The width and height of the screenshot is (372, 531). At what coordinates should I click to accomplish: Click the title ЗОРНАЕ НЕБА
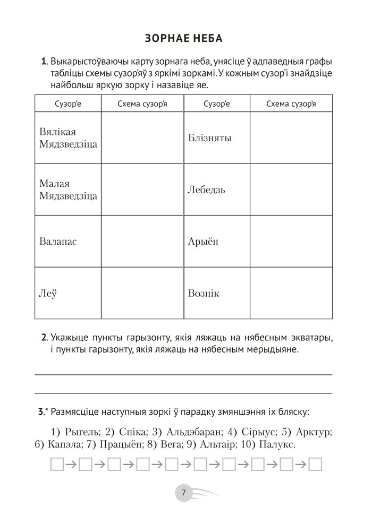[x=183, y=39]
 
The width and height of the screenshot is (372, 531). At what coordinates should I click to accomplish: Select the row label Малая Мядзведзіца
[x=68, y=190]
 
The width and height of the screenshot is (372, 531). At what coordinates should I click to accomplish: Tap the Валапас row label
[x=58, y=241]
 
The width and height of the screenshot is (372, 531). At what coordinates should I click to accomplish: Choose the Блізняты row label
[x=209, y=138]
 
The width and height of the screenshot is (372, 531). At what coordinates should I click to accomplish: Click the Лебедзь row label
[x=207, y=190]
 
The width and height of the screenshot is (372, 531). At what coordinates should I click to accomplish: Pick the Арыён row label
[x=203, y=241]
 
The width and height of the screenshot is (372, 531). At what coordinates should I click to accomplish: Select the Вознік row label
[x=204, y=293]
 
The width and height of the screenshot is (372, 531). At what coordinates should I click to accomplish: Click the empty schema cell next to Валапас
[x=142, y=241]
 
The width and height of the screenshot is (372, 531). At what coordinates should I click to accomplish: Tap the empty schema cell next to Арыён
[x=291, y=241]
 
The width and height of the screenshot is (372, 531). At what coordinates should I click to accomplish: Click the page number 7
[x=183, y=493]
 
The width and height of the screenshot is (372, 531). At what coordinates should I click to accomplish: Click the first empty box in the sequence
[x=57, y=465]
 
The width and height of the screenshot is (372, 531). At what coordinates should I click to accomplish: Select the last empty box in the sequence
[x=316, y=465]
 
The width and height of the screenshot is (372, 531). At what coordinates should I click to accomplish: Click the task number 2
[x=44, y=337]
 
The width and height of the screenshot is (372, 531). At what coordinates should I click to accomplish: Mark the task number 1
[x=44, y=62]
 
